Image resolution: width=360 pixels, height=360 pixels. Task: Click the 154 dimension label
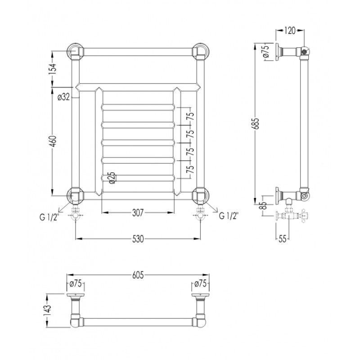53,69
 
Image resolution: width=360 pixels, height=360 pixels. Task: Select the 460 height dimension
53,141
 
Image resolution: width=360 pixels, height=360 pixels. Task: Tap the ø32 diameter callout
63,97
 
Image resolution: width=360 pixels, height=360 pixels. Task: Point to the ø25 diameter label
112,178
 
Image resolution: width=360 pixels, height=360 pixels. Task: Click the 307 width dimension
138,212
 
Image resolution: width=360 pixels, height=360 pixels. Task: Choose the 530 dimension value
138,239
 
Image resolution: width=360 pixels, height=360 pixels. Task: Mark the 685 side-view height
256,123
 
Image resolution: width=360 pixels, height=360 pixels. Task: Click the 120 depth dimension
290,30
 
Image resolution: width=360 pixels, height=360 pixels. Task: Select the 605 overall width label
138,275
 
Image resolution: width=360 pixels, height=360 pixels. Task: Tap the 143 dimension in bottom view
48,311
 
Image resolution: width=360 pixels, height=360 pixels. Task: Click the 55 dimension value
283,239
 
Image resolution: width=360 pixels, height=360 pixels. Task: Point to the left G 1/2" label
49,216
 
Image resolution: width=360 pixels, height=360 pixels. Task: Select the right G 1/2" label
229,216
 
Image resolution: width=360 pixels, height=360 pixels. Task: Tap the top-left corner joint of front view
75,51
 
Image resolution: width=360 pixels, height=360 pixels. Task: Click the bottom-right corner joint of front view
201,196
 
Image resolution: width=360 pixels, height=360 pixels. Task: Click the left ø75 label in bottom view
76,283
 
